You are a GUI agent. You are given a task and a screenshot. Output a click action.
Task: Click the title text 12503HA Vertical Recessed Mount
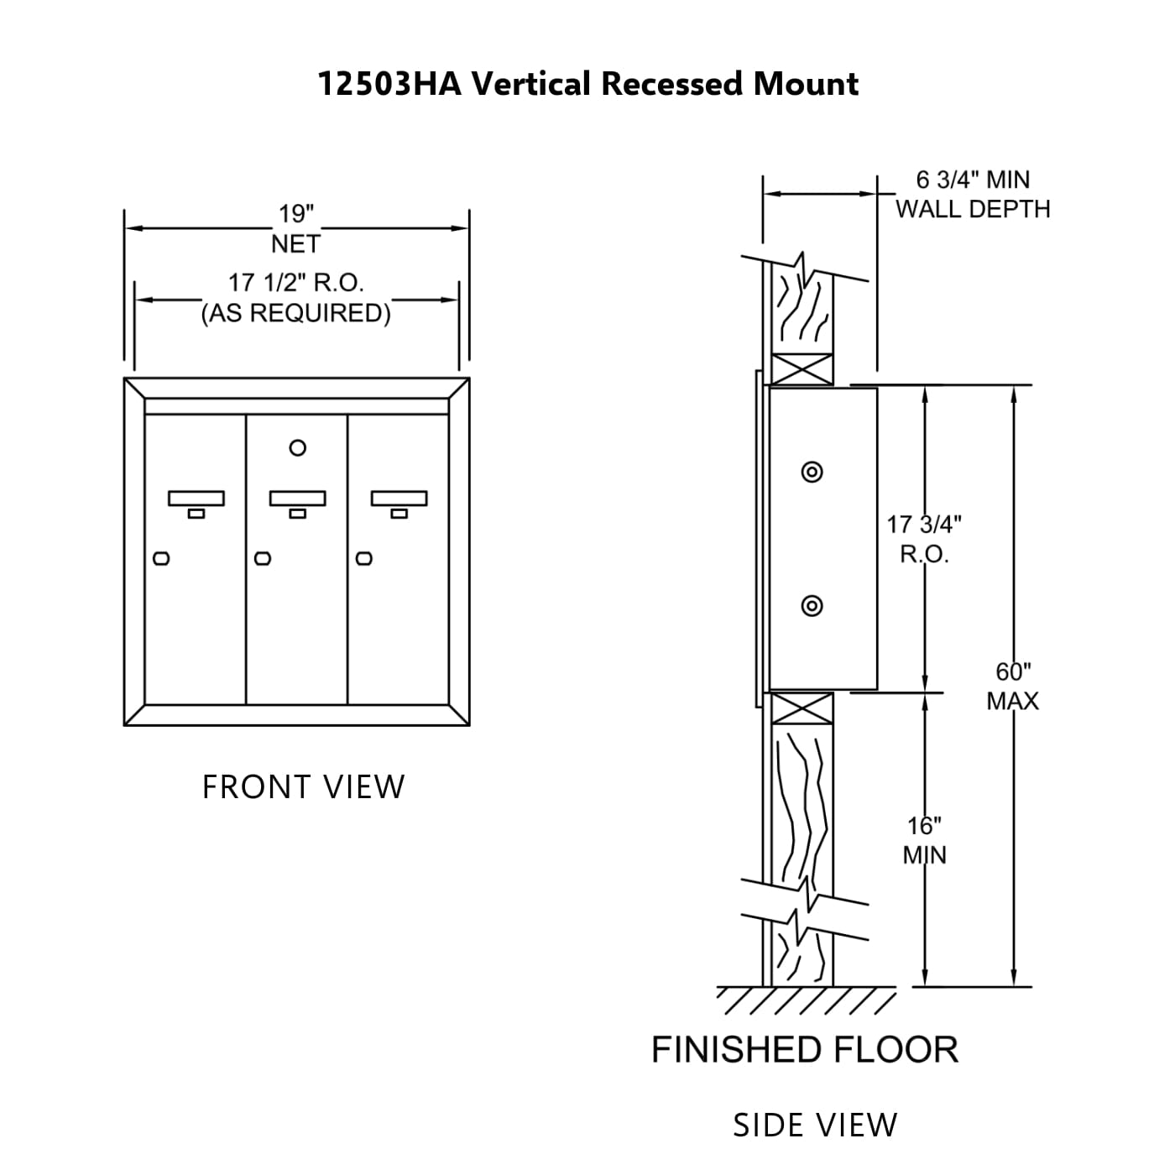[587, 84]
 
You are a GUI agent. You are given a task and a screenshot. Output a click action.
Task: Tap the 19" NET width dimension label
[295, 228]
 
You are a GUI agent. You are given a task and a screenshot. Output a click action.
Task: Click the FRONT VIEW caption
[303, 787]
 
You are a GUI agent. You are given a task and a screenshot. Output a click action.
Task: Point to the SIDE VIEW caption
[815, 1125]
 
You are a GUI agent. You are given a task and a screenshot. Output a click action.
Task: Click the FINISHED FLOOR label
[805, 1050]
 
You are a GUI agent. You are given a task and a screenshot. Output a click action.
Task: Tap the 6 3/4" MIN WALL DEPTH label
[973, 194]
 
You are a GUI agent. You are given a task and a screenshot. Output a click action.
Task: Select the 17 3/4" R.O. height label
[924, 539]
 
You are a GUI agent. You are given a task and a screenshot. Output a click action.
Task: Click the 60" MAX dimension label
[1013, 686]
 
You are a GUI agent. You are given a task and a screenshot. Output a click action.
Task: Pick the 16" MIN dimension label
[924, 840]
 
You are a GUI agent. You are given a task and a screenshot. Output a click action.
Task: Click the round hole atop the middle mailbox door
[297, 448]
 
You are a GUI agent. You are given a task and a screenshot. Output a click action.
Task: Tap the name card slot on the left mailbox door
[196, 499]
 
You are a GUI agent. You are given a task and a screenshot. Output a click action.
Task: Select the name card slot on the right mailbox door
[399, 499]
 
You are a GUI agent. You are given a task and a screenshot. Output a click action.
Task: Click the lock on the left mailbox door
[162, 558]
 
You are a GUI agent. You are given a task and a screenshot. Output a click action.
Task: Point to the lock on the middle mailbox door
[263, 558]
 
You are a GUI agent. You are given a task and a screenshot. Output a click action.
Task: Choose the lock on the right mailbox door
[363, 558]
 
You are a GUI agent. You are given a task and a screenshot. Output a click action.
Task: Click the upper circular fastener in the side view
[812, 472]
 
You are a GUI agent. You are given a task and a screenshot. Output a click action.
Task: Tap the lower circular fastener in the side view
[812, 605]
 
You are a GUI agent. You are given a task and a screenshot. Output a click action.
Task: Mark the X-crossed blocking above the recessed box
[802, 369]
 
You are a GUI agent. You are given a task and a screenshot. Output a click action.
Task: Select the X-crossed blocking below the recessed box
[802, 708]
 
